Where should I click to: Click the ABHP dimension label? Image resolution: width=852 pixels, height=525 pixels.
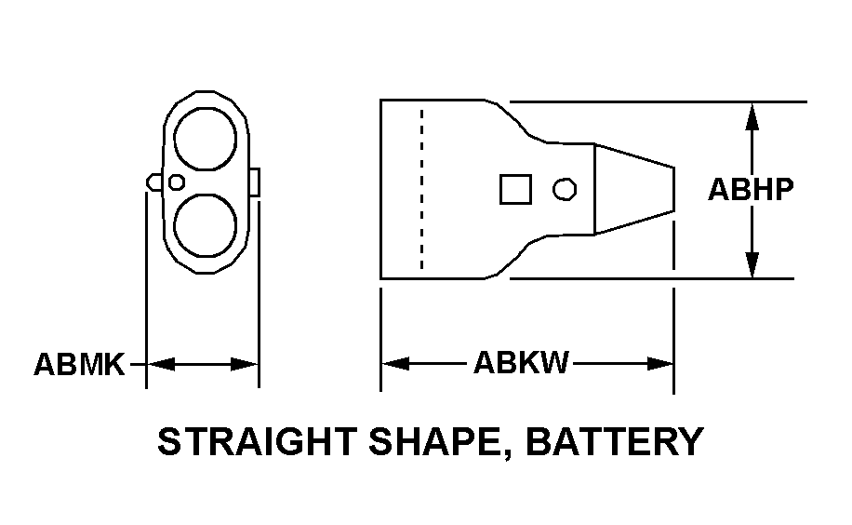coord(751,190)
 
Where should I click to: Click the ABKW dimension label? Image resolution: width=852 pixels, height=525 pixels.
coord(522,362)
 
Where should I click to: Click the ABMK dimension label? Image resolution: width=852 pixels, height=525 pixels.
coord(79,363)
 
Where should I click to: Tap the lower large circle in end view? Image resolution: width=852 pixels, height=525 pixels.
coord(206,226)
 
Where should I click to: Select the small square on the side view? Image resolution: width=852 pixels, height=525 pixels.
coord(515,189)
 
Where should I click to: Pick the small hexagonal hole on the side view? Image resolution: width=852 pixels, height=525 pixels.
coord(563,189)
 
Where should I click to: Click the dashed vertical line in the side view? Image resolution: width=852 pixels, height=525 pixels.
coord(421,189)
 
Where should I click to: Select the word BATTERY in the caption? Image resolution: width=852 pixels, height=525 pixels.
coord(615,441)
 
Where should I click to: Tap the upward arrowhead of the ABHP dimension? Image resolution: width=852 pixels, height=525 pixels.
coord(751,114)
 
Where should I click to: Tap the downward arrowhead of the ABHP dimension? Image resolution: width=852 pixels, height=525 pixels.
coord(751,265)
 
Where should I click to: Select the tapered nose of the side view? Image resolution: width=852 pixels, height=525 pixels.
coord(633,189)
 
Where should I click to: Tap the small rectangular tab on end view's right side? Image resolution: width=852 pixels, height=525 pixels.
coord(254,182)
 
